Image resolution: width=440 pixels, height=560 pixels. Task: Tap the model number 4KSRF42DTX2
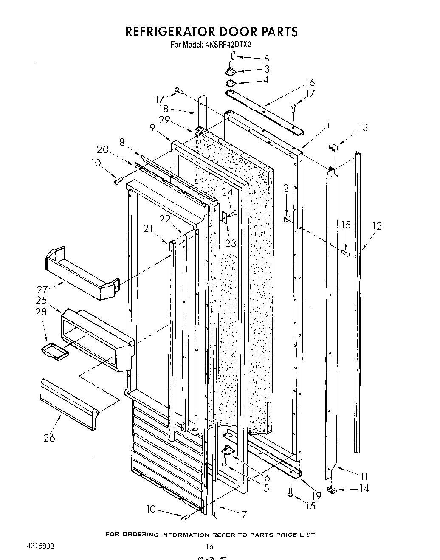coord(229,44)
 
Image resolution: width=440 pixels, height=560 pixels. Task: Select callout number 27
coord(42,290)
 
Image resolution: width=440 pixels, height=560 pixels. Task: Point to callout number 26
coord(49,438)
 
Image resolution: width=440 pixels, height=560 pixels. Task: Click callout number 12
coord(376,226)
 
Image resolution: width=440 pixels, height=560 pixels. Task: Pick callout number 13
coord(363,127)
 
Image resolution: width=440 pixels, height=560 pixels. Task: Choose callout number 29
coord(165,120)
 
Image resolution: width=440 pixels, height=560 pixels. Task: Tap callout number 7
coord(244,515)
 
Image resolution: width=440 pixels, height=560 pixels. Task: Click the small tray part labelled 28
coord(53,351)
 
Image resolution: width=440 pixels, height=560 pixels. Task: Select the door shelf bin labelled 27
coord(81,272)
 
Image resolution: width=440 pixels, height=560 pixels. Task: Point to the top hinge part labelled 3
coord(231,71)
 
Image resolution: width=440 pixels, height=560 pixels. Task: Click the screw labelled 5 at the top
coord(233,54)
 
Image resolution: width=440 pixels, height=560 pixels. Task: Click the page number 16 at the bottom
coord(209,547)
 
